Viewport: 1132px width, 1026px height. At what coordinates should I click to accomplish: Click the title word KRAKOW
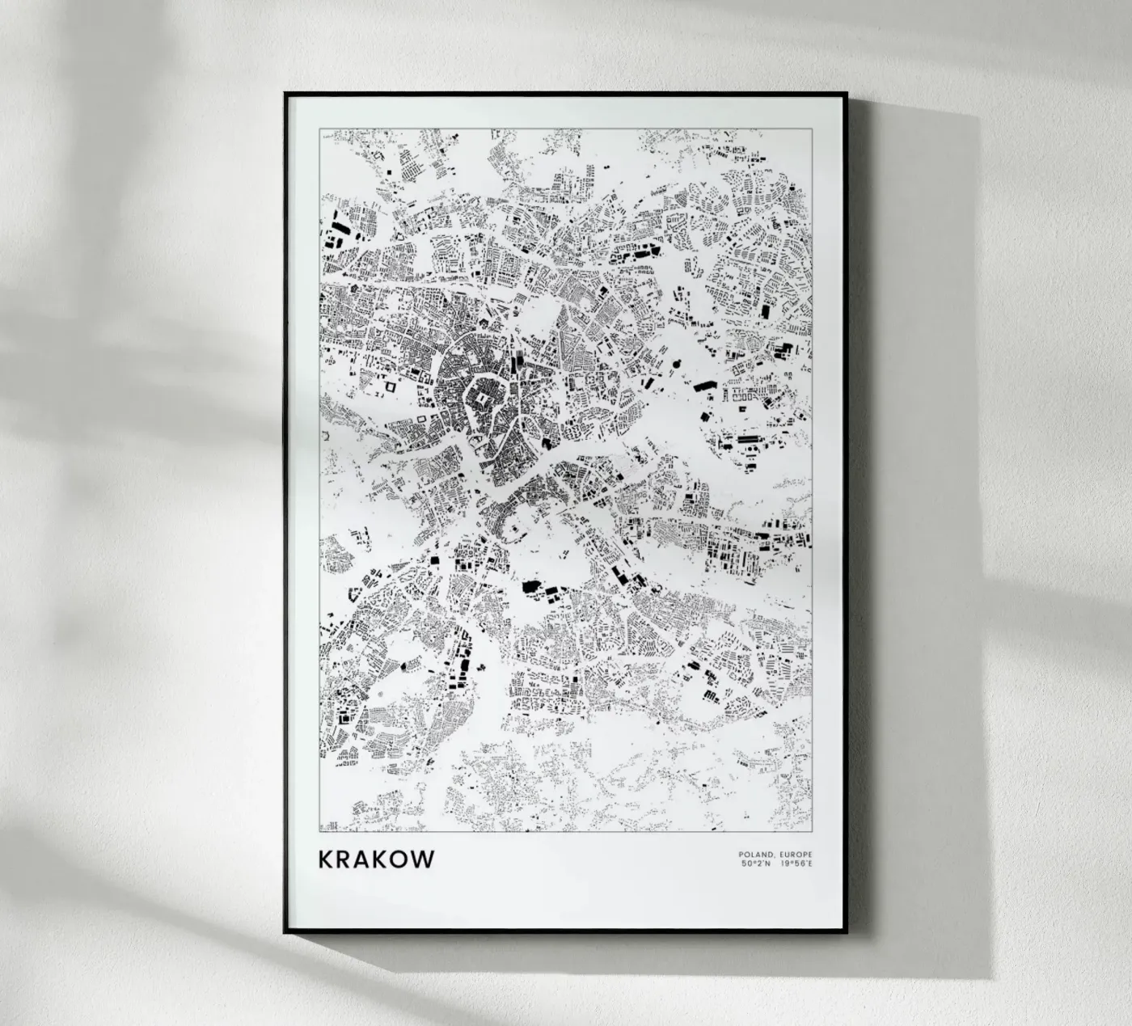[x=377, y=859]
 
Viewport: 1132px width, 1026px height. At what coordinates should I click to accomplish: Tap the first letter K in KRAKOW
[x=327, y=859]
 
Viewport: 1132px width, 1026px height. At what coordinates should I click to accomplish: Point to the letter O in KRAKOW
[x=401, y=859]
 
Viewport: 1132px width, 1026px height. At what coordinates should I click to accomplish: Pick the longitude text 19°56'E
[x=796, y=863]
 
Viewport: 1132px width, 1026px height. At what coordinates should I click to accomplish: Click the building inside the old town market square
[x=482, y=399]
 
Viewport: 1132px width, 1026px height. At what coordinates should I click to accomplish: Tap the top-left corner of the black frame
[x=285, y=94]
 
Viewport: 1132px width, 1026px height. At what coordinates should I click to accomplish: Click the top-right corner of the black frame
[x=846, y=94]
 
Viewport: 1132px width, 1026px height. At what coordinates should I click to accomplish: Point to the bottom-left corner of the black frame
[x=285, y=932]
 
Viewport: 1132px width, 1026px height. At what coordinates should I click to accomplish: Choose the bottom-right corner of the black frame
[x=846, y=932]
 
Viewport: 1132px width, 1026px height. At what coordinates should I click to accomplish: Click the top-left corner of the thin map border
[x=320, y=128]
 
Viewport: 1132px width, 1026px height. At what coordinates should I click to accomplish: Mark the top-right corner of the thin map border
[x=812, y=128]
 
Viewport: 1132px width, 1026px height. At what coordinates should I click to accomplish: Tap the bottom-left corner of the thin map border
[x=320, y=831]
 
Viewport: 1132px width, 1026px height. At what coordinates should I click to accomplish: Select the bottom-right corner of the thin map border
[x=812, y=831]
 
